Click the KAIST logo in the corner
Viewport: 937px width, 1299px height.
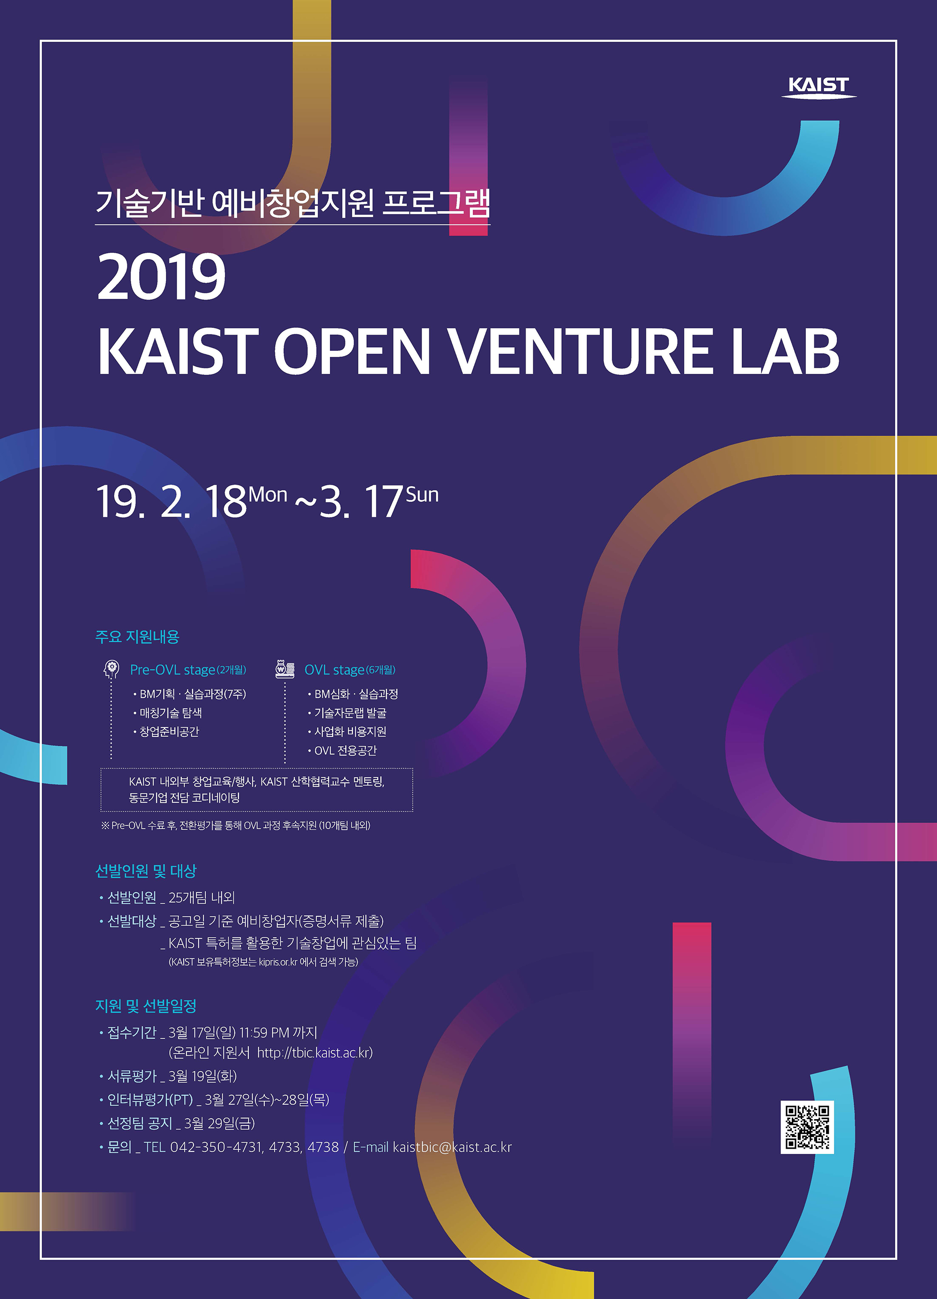(819, 87)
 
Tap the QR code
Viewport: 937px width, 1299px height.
(807, 1127)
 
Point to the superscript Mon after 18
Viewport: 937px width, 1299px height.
(268, 494)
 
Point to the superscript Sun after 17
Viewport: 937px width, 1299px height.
(422, 494)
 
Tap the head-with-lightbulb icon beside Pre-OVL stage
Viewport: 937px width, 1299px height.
(111, 669)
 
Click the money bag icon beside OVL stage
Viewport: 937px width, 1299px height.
(285, 669)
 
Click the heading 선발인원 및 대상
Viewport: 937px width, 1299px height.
(146, 871)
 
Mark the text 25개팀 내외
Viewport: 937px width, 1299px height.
(201, 898)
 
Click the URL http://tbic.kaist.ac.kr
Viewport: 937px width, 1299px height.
(314, 1053)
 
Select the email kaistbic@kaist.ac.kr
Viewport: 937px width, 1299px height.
(452, 1147)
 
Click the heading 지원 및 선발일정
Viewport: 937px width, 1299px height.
(146, 1006)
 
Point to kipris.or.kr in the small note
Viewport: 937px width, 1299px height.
(278, 962)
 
